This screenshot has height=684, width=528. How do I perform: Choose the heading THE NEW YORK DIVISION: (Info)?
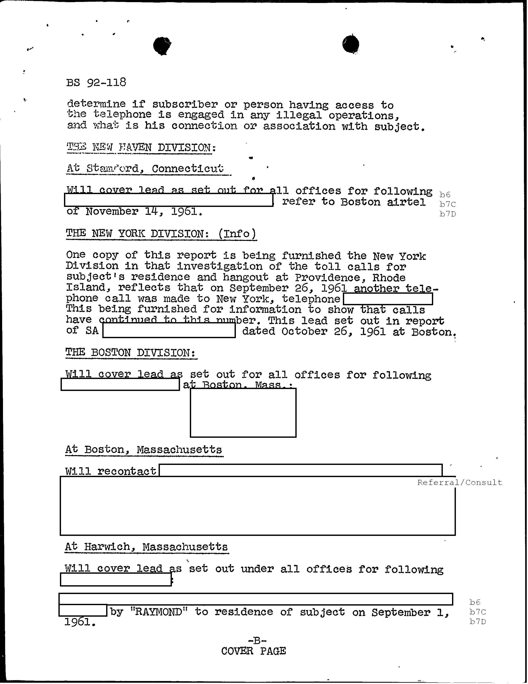tap(161, 234)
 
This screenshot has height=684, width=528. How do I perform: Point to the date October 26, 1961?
tap(333, 331)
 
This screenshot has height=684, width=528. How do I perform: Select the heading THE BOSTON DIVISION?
tap(131, 353)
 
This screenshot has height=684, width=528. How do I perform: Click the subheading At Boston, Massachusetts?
tap(144, 450)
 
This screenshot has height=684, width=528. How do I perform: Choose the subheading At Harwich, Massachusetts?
tap(146, 547)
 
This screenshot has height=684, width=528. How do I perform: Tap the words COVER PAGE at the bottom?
tap(253, 651)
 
